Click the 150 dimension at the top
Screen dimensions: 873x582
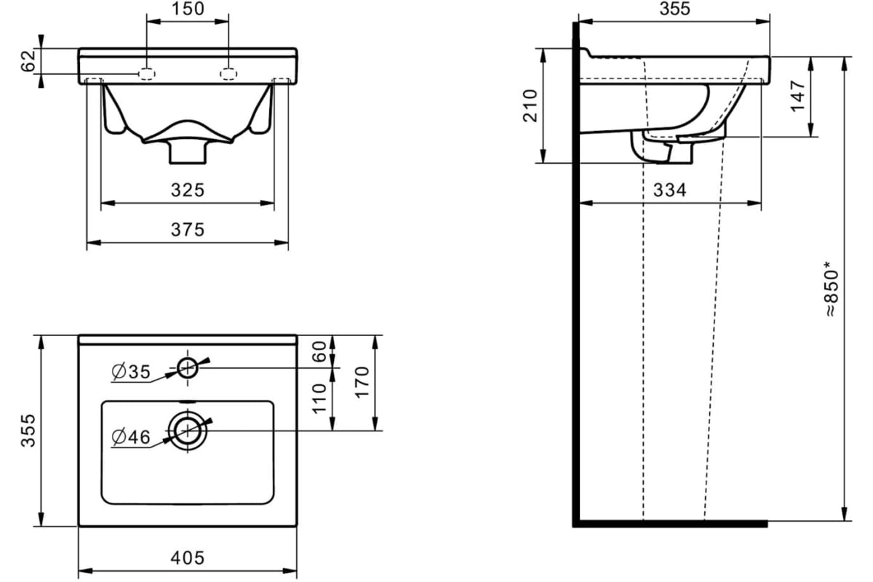pyautogui.click(x=188, y=9)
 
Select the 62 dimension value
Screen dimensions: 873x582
pyautogui.click(x=28, y=61)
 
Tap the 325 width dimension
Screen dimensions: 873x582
pyautogui.click(x=188, y=190)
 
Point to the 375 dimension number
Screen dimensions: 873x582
pyautogui.click(x=188, y=230)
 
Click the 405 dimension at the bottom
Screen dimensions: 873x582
pyautogui.click(x=188, y=558)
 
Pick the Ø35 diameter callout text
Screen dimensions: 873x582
pyautogui.click(x=131, y=372)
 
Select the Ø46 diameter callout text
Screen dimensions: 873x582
pyautogui.click(x=131, y=436)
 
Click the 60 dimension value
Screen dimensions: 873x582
pyautogui.click(x=319, y=351)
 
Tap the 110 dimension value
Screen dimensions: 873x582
pyautogui.click(x=319, y=399)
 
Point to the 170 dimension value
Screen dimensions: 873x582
pyautogui.click(x=362, y=383)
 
